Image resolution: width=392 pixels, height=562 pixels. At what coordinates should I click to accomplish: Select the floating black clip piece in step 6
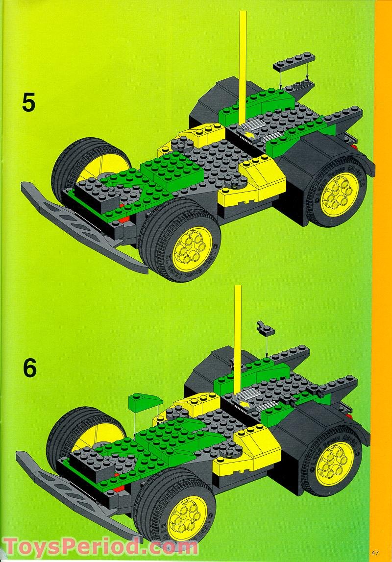click(x=265, y=329)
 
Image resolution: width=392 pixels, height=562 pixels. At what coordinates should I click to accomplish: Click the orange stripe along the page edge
click(x=383, y=245)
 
